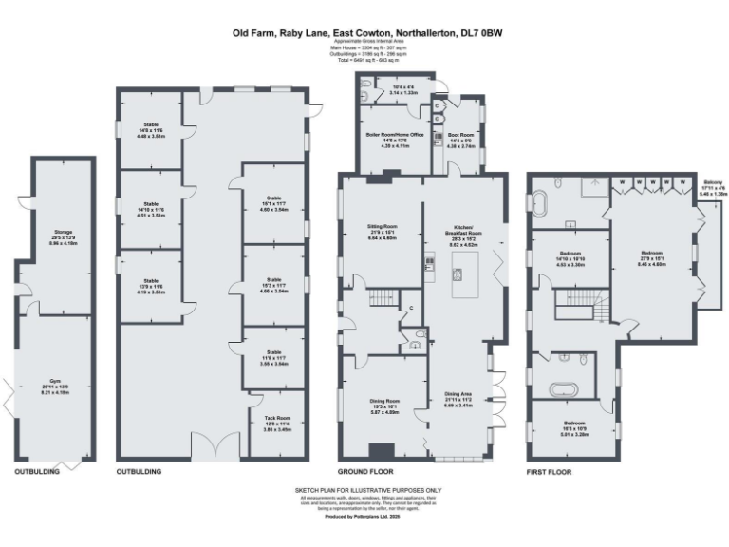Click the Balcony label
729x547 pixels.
coord(713,187)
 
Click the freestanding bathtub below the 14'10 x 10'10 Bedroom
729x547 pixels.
coord(569,386)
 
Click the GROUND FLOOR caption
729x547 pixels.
coord(364,471)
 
